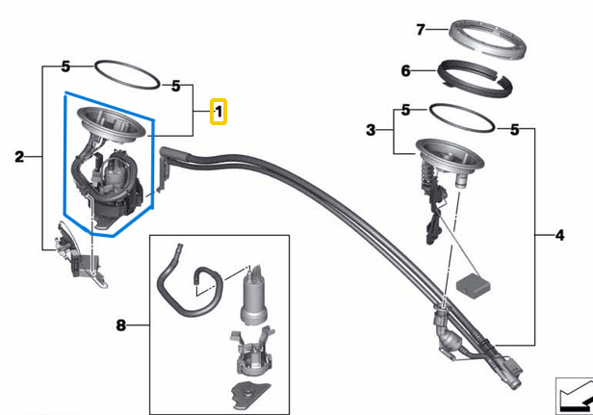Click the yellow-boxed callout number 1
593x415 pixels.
click(x=219, y=113)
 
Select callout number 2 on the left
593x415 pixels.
click(x=18, y=155)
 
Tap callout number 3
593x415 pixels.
click(x=371, y=129)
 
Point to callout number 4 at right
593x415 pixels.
click(x=561, y=234)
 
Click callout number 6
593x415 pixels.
click(x=405, y=70)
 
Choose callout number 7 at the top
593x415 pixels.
click(x=420, y=30)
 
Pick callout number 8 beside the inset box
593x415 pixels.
click(x=121, y=326)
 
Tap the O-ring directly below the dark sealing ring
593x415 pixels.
click(x=461, y=117)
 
